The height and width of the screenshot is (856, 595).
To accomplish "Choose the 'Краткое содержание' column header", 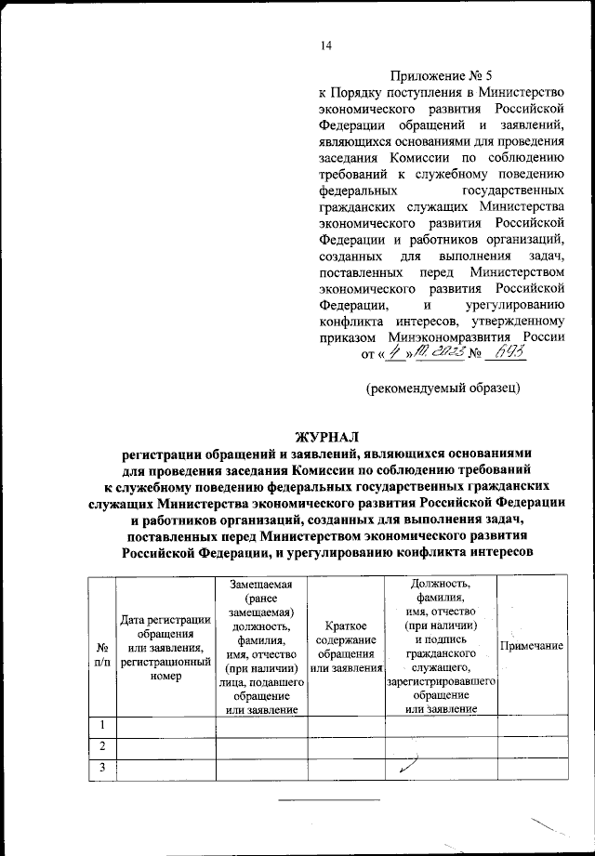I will coord(345,647).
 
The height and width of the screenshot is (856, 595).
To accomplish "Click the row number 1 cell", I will coord(99,725).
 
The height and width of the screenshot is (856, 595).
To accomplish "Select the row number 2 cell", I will coord(99,746).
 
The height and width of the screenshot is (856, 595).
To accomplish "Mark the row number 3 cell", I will coord(99,767).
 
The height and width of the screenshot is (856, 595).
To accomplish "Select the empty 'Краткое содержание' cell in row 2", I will coord(345,746).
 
